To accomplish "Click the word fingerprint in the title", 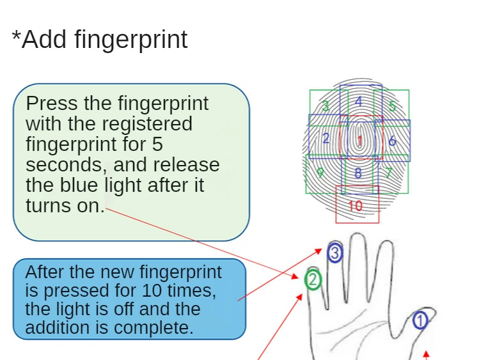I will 131,40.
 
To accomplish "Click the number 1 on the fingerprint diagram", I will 360,141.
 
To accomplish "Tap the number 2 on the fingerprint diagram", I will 326,138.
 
